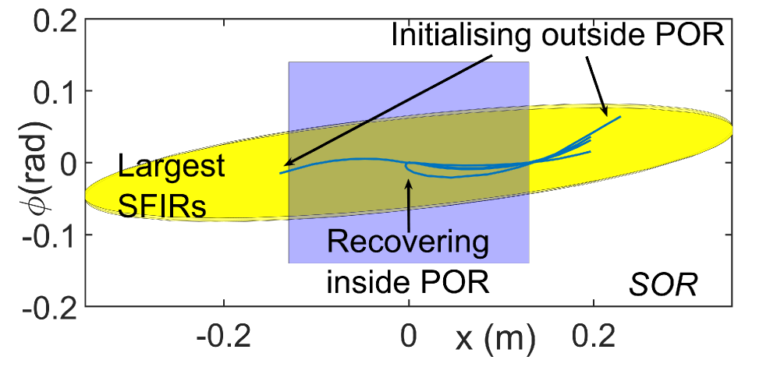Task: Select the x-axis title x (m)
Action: [486, 339]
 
